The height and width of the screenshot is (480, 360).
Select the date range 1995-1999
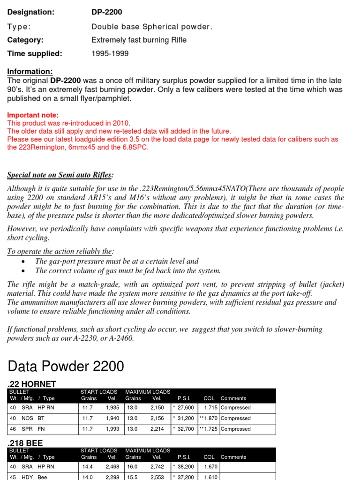(110, 53)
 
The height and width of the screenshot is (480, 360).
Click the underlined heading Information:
(30, 71)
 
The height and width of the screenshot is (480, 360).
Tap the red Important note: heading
(33, 115)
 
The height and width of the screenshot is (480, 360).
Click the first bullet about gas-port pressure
(117, 261)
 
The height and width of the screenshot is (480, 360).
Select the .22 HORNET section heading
(32, 384)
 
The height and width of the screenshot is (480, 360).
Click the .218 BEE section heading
(26, 442)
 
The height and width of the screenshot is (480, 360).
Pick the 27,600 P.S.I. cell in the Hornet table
(185, 408)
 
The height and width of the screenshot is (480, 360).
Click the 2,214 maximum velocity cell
(157, 429)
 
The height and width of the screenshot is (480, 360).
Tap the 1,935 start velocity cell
(112, 408)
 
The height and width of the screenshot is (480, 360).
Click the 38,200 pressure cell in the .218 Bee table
(185, 466)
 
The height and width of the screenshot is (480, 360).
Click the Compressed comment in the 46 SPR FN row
(236, 429)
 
